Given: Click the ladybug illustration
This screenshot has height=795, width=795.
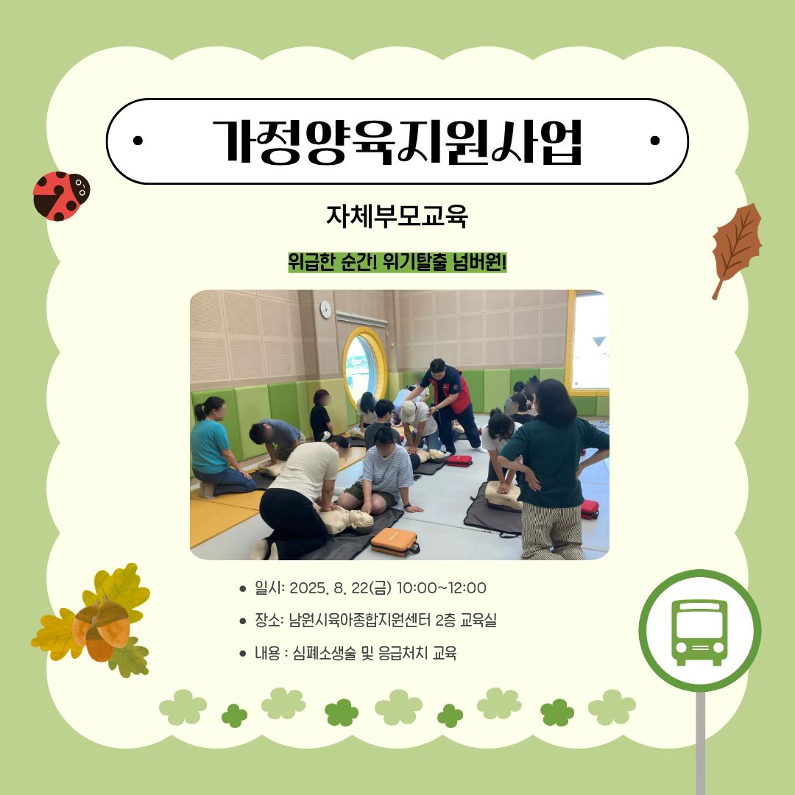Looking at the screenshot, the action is point(61,196).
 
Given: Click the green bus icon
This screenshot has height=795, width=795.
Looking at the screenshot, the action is point(700,632).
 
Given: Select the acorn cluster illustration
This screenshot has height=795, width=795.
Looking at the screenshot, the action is point(92,621).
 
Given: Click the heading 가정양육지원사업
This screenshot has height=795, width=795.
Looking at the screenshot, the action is point(397,141).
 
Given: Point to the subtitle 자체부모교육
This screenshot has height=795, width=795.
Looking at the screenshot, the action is point(397,216).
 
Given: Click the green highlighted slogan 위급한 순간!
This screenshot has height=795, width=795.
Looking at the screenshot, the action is point(332,263).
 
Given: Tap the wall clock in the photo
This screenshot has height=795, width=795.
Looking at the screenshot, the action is point(325,308).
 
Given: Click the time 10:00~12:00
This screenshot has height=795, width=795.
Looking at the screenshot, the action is point(441,588).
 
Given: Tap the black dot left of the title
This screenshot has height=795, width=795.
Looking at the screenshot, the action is point(138,141).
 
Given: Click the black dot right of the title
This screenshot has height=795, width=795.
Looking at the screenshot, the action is point(655,141).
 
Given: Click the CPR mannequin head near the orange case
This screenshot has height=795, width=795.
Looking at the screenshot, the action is point(361,520).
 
